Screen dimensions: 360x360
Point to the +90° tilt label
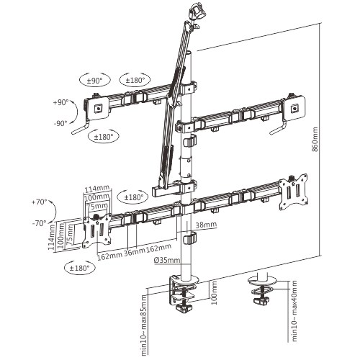click(60, 103)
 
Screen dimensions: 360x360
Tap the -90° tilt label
click(60, 122)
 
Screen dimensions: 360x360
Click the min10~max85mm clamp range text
click(144, 323)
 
